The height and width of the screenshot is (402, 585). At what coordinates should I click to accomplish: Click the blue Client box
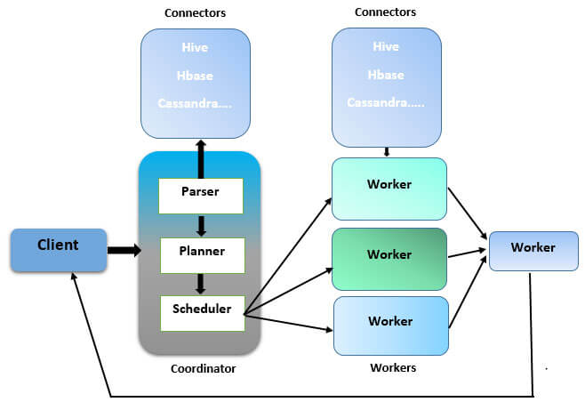57,250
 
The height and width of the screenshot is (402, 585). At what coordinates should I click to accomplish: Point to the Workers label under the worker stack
392,367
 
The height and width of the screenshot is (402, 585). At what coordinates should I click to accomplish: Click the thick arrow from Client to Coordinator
124,251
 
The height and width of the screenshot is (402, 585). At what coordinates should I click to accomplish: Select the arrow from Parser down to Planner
200,225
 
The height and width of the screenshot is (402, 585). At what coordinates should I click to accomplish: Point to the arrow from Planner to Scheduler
200,284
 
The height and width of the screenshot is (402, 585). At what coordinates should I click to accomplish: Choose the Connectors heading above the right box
385,12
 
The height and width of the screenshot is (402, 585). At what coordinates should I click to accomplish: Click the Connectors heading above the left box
196,13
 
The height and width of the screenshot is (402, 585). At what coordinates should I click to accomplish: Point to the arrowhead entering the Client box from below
75,277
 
